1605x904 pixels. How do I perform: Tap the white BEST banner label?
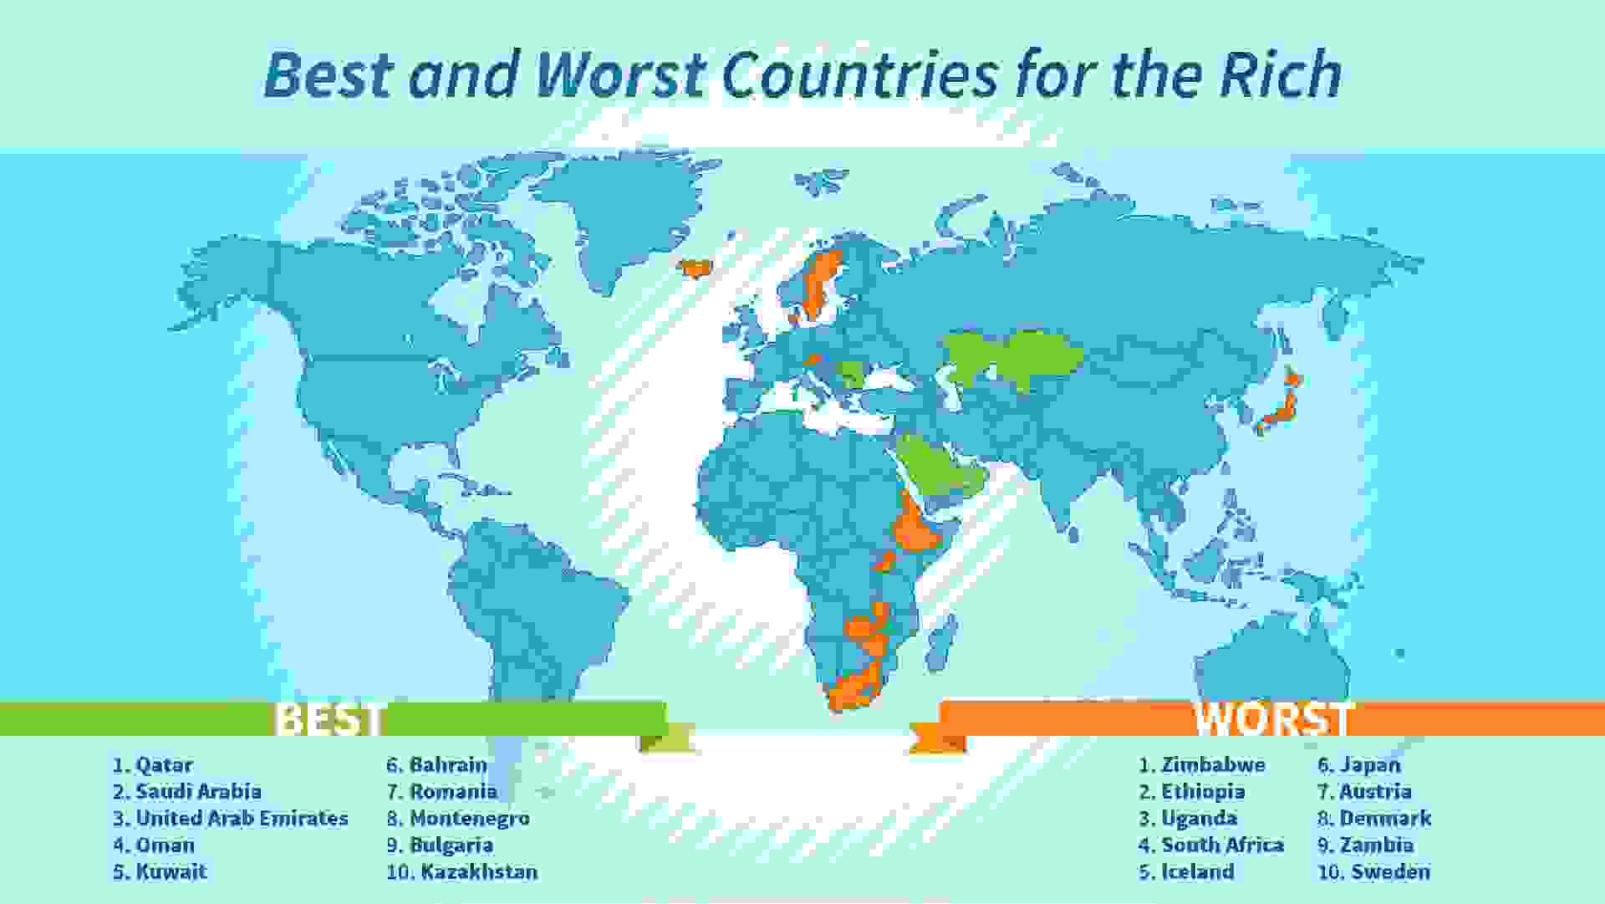click(331, 719)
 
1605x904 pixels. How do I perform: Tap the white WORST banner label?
click(1271, 719)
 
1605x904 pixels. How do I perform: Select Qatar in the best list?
click(164, 765)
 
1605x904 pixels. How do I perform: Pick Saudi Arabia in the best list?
click(199, 792)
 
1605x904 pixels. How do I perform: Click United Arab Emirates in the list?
click(242, 819)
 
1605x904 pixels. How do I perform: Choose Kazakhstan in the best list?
click(479, 872)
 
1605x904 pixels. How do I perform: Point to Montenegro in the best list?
click(469, 819)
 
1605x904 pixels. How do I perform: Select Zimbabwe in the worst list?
click(1213, 765)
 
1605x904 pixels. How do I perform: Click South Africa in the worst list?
click(1222, 845)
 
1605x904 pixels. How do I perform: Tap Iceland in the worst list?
click(1198, 872)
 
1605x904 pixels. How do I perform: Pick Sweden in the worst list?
click(1391, 872)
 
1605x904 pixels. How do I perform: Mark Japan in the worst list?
click(1370, 765)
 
